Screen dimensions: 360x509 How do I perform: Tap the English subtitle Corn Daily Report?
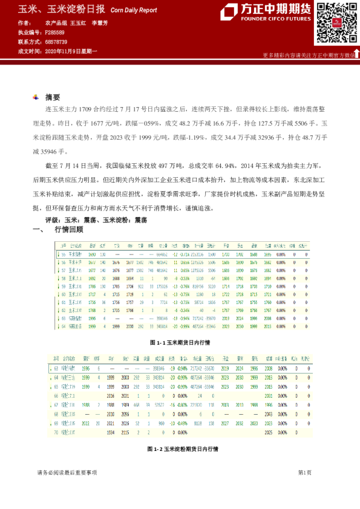click(x=134, y=11)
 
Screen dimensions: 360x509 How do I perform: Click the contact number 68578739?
click(x=56, y=42)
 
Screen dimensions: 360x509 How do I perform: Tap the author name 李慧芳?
click(x=99, y=22)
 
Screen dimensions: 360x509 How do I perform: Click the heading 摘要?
click(x=53, y=97)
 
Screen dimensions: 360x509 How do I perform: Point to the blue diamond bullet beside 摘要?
click(x=38, y=97)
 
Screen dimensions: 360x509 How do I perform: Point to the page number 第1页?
click(x=304, y=489)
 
